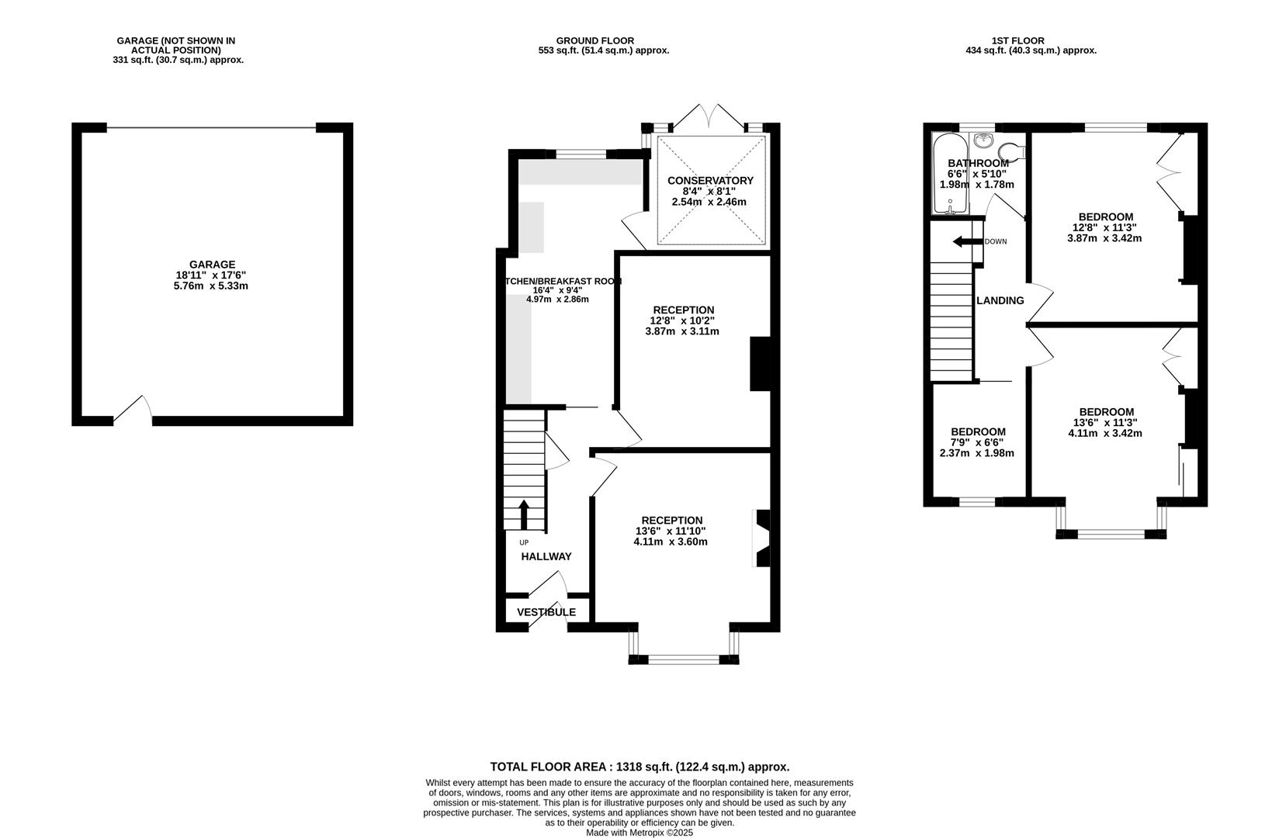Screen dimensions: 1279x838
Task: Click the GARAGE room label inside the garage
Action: pos(213,265)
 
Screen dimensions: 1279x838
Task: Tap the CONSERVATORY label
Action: pos(710,181)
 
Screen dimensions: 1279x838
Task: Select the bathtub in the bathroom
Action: pos(950,174)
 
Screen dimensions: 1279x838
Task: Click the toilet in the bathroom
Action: pos(1012,152)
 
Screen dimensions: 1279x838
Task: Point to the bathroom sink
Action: pos(982,140)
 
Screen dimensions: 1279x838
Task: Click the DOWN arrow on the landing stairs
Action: pos(968,241)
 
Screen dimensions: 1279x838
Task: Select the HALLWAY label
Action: pos(546,556)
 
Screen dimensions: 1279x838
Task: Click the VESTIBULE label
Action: pos(546,612)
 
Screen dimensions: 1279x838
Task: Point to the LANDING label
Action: pos(1000,301)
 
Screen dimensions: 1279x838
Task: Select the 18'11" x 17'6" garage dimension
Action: pos(211,275)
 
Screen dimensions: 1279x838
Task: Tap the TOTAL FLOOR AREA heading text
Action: pos(639,767)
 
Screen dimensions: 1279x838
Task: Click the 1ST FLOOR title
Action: pos(1018,41)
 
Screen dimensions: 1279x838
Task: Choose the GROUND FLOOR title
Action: pos(595,41)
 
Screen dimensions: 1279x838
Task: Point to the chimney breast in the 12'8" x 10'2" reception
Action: pos(761,364)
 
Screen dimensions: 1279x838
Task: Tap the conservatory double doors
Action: pos(709,116)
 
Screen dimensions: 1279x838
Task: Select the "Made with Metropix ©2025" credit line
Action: pos(639,833)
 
